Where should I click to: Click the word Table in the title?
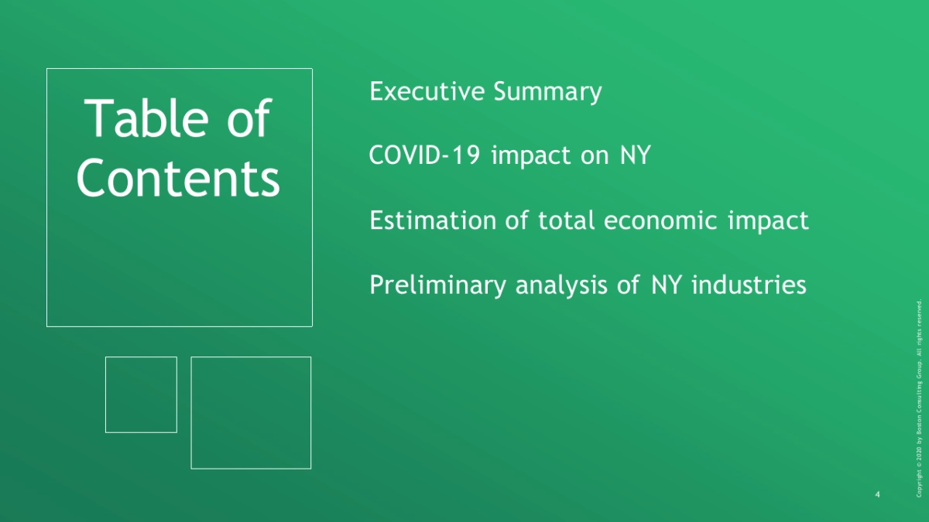pos(146,119)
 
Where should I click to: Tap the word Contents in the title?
pos(178,179)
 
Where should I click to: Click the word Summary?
pos(547,92)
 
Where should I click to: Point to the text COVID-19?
pos(424,155)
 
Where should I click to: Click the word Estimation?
pos(433,220)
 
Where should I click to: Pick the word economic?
pos(660,220)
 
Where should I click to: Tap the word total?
pos(567,220)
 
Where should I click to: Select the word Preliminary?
pos(437,285)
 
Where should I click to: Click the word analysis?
pos(561,285)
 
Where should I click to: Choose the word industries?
pos(749,285)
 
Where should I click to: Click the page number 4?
pos(877,494)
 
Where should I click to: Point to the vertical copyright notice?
pos(919,397)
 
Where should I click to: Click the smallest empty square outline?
pos(105,394)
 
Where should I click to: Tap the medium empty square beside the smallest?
pos(190,413)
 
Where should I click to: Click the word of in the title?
pos(249,119)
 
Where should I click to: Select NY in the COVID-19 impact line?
pos(636,155)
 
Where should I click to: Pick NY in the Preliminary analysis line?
pos(667,285)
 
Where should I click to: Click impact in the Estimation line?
pos(768,221)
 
